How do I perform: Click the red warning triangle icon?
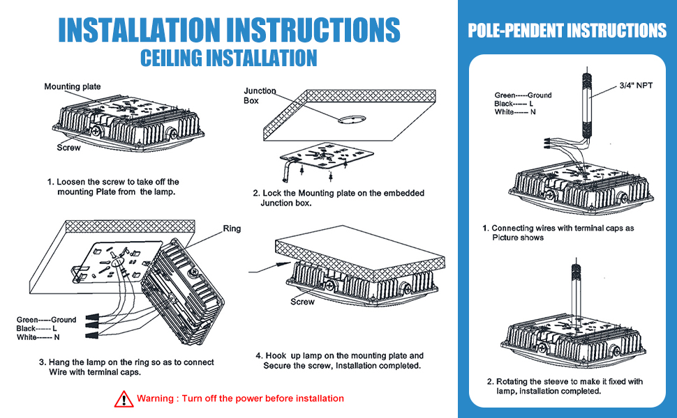(124, 399)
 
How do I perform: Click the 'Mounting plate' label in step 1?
(73, 87)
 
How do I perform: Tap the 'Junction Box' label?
(260, 95)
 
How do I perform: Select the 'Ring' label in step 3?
(232, 229)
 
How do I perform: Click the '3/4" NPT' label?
(636, 85)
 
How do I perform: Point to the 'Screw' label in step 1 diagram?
(69, 148)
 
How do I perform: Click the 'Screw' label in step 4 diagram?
(302, 302)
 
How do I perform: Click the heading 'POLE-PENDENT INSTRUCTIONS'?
(567, 31)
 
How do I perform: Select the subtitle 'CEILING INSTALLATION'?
(228, 58)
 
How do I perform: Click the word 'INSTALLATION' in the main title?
(136, 29)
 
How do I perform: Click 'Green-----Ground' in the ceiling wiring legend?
(47, 320)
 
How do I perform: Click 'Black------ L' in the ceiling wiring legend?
(36, 328)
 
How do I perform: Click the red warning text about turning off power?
(240, 398)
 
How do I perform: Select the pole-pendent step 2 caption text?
(564, 386)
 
